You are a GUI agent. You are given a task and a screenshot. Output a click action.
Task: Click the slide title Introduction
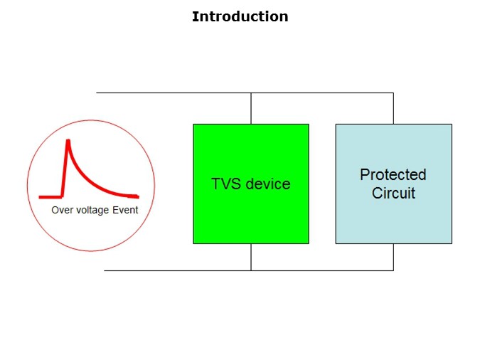point(240,16)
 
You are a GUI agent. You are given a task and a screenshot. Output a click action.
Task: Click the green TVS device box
point(250,213)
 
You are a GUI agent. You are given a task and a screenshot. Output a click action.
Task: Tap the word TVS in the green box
point(226,184)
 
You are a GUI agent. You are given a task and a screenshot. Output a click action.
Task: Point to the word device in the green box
point(267,184)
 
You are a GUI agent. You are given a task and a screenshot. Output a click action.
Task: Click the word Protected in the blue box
point(393,174)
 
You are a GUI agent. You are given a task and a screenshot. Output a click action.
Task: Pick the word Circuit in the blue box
point(393,193)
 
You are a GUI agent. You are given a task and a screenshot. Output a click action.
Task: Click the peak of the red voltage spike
point(68,140)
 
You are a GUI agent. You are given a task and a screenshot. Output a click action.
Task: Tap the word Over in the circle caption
point(62,211)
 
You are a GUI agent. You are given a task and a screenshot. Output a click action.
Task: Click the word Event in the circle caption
point(125,211)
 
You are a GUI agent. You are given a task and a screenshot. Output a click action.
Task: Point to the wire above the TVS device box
point(251,108)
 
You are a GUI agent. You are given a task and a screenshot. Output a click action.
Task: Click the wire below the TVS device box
point(251,257)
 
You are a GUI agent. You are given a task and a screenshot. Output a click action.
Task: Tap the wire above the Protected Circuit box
point(393,108)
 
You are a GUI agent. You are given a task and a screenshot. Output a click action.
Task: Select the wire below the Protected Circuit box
point(393,257)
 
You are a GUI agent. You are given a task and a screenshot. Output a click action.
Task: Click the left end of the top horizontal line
point(97,92)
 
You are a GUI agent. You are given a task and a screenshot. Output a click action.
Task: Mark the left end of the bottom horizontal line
point(105,270)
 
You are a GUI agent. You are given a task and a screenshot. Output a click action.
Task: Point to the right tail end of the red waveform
point(137,196)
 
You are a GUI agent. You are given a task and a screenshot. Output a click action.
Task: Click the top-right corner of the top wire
point(393,92)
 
